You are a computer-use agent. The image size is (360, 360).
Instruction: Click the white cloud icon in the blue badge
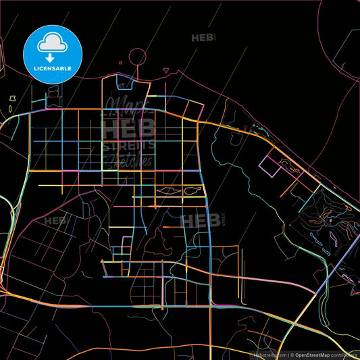point(53,42)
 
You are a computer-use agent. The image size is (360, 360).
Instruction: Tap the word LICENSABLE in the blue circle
point(53,68)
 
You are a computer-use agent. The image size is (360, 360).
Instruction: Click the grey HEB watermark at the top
point(202,38)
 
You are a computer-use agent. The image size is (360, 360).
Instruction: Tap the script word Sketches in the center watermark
point(128,161)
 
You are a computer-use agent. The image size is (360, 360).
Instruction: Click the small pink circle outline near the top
point(137,57)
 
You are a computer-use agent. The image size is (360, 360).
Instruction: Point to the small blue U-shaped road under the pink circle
point(125,84)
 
